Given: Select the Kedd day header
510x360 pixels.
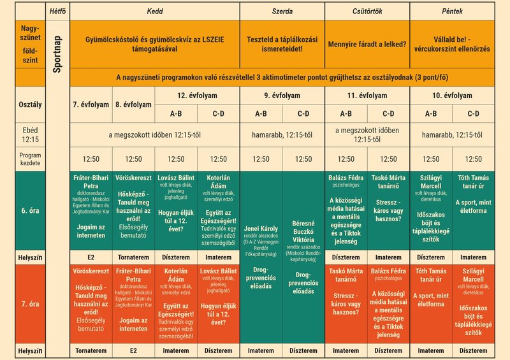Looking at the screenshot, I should (155, 11).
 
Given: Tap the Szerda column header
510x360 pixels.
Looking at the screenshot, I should (282, 11).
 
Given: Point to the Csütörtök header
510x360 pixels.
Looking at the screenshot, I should (367, 11).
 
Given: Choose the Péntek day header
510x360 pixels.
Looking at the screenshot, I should (452, 11).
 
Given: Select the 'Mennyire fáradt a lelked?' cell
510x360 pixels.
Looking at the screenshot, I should (367, 45).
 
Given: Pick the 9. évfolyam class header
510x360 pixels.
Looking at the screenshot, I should (282, 96).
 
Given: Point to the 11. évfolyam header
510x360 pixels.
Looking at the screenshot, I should (367, 96).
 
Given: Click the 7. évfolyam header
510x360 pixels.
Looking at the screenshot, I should (92, 104).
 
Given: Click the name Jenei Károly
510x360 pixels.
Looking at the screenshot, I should (261, 229).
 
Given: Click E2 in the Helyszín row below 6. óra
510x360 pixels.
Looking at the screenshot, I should (92, 257).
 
